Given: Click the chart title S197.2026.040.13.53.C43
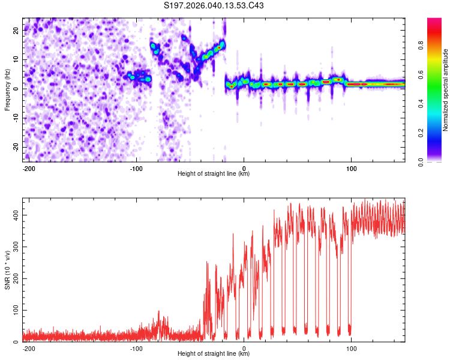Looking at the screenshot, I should pyautogui.click(x=214, y=6).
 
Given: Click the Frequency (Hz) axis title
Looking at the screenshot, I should pyautogui.click(x=7, y=90).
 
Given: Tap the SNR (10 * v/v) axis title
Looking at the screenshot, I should pyautogui.click(x=7, y=270).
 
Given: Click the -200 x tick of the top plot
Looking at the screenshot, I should pyautogui.click(x=28, y=168).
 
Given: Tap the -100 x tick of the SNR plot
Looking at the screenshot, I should pyautogui.click(x=136, y=348).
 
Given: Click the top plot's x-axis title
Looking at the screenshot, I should pyautogui.click(x=214, y=174).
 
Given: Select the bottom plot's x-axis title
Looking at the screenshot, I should pyautogui.click(x=214, y=354).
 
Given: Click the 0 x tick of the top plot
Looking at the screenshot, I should pyautogui.click(x=244, y=168).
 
